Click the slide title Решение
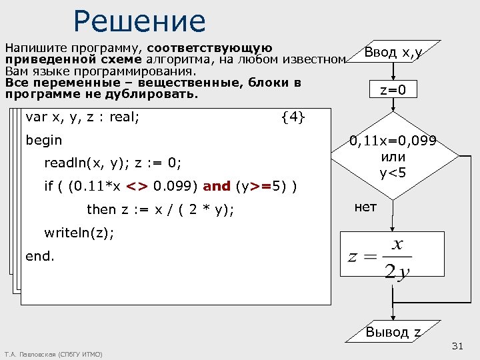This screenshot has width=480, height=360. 140,21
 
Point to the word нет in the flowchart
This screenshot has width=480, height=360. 365,207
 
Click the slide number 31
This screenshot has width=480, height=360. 457,346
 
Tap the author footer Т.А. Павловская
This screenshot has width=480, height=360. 53,354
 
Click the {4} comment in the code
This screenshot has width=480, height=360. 293,118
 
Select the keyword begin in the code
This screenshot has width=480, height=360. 43,141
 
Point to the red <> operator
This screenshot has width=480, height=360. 137,186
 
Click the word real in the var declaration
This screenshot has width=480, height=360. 124,118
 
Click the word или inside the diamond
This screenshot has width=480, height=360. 393,158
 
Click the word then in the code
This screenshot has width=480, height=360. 101,209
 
